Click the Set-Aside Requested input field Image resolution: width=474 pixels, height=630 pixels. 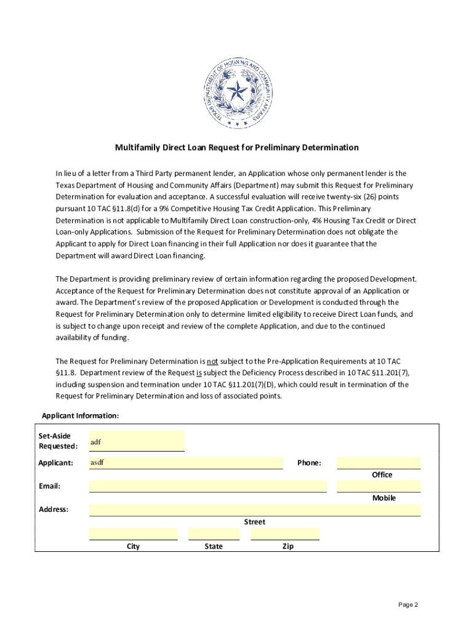tap(137, 441)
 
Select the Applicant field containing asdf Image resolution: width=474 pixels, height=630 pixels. tap(186, 463)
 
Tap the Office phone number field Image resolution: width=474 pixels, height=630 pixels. tap(379, 463)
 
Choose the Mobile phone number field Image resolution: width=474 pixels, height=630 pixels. tap(379, 486)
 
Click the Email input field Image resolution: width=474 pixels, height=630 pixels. tap(208, 486)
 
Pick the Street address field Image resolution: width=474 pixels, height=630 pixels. tap(255, 509)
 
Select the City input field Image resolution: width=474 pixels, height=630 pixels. tap(134, 533)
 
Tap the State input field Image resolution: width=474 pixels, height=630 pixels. tap(214, 533)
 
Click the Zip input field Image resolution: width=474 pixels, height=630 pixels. tap(285, 533)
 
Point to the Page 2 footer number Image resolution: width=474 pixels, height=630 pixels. tap(408, 605)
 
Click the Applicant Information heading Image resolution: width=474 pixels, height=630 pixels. tap(80, 416)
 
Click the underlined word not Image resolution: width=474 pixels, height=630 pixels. tap(212, 361)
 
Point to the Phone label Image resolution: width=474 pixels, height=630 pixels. tap(309, 463)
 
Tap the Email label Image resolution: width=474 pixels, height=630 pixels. tap(49, 486)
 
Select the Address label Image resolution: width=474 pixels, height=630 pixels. tap(54, 509)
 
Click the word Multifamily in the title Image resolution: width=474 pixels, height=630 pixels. tap(136, 148)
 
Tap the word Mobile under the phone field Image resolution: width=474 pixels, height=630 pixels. tap(384, 498)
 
